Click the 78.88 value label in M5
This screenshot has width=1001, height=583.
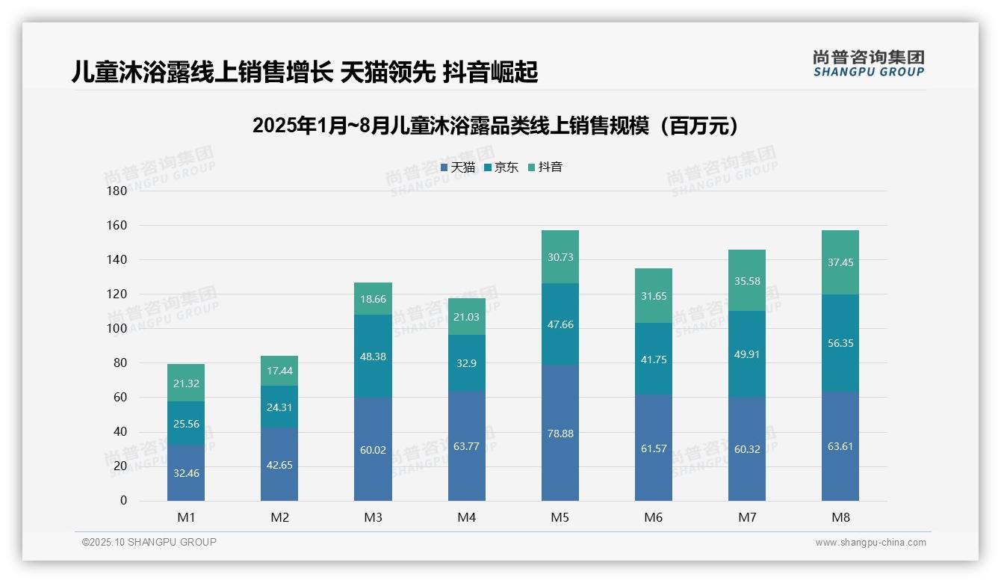[560, 434]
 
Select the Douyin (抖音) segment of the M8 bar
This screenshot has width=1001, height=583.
[840, 262]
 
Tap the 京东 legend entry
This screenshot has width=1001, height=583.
[501, 167]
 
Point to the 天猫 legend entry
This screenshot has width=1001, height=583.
[457, 167]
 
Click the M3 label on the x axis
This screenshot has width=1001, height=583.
[374, 517]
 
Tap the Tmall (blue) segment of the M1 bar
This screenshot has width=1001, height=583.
[186, 473]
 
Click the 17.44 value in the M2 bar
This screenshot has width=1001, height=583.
[279, 371]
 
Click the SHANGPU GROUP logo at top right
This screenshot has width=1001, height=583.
[868, 64]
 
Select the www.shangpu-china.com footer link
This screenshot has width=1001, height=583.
[870, 543]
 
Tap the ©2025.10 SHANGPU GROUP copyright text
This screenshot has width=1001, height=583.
[149, 543]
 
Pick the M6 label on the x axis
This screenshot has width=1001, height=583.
[654, 517]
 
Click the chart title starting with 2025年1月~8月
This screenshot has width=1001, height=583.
[496, 126]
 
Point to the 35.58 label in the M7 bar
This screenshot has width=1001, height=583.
[747, 281]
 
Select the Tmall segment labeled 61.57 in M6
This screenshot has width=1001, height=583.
[654, 448]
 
